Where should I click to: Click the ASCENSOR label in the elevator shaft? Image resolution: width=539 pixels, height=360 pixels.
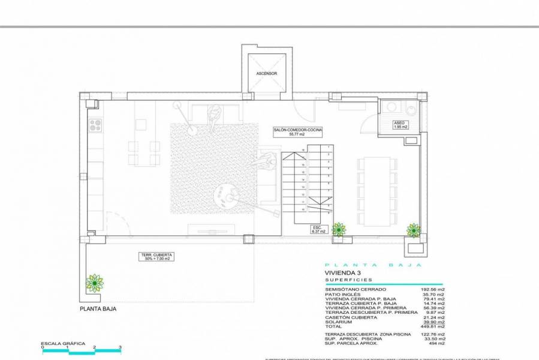tap(266, 74)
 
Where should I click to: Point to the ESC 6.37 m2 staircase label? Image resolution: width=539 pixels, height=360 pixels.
tap(317, 230)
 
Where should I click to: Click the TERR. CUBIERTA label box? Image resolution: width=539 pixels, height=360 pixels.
tap(157, 257)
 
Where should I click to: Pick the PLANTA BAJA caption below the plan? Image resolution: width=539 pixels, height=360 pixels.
tap(98, 309)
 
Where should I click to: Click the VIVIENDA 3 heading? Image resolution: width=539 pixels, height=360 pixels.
tap(344, 273)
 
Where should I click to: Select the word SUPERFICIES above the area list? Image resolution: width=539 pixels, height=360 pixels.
tap(348, 280)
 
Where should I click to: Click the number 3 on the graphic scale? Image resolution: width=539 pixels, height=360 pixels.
tap(121, 347)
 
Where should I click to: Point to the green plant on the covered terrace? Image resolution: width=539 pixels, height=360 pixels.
tap(94, 282)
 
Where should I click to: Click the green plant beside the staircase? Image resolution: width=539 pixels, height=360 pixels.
tap(339, 229)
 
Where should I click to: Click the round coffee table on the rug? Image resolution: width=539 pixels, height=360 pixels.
tap(227, 195)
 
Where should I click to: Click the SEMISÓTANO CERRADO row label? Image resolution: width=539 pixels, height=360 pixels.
tap(350, 289)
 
